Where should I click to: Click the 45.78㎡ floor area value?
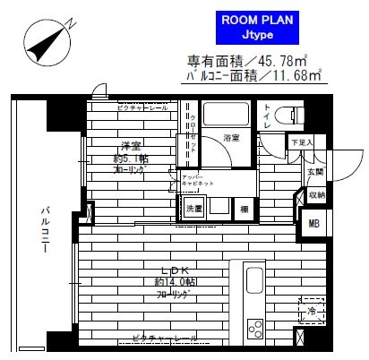(279, 62)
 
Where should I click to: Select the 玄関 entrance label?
(315, 171)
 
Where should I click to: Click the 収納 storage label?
(316, 194)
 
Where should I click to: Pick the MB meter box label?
(314, 224)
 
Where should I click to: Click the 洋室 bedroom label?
(133, 149)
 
